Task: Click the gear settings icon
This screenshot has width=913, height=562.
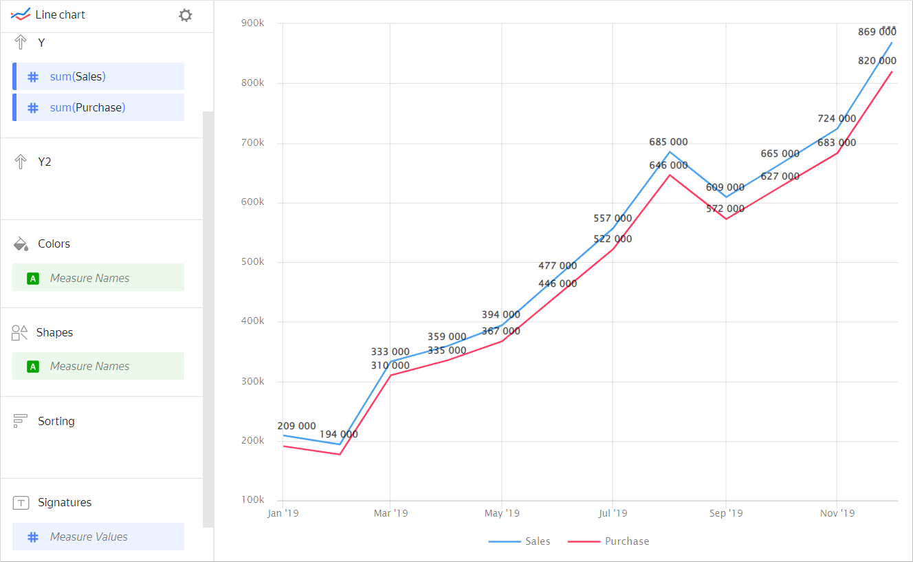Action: coord(185,15)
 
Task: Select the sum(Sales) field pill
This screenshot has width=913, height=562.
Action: coord(98,76)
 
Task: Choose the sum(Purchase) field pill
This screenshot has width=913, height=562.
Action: coord(98,107)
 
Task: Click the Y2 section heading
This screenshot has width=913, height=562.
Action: coord(45,162)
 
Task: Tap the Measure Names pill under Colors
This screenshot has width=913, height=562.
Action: coord(98,278)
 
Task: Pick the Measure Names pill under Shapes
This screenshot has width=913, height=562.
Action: coord(98,366)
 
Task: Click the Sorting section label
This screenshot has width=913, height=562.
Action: coord(56,421)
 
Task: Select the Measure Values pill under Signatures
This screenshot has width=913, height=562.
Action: coord(98,537)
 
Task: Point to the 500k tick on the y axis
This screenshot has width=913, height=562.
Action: coord(252,262)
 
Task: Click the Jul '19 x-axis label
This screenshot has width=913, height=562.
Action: coord(613,513)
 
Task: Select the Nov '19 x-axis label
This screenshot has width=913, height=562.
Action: coord(837,513)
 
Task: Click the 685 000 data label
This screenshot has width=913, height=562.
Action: coord(668,142)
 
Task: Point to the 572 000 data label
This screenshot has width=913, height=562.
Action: coord(725,208)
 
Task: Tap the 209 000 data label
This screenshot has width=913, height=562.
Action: coord(296,426)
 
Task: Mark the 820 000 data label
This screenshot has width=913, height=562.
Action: coord(877,61)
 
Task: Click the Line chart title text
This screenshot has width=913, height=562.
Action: coord(60,14)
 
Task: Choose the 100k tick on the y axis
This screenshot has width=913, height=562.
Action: coord(252,499)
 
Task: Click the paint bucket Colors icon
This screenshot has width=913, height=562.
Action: coord(21,244)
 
